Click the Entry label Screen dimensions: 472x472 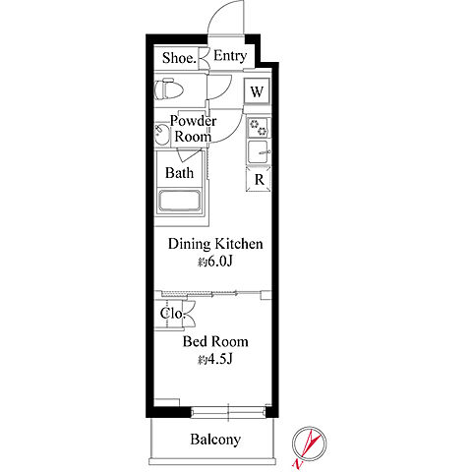(x=230, y=56)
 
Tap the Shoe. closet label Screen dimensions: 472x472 (x=179, y=58)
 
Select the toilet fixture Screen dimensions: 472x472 (x=169, y=88)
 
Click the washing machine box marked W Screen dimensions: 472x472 (x=257, y=91)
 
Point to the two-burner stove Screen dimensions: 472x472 (x=258, y=128)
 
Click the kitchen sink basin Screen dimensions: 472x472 (x=259, y=152)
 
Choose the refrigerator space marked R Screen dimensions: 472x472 (x=259, y=179)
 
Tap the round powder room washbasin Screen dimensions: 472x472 (x=161, y=135)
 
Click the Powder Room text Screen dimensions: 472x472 (x=193, y=129)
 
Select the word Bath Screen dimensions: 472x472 (x=179, y=173)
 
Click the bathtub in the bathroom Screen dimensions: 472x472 (x=179, y=202)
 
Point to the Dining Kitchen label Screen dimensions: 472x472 (x=215, y=244)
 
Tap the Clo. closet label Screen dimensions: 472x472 (x=173, y=314)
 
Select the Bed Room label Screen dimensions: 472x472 (x=215, y=342)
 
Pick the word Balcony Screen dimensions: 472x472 (x=215, y=440)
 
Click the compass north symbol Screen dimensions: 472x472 (x=309, y=443)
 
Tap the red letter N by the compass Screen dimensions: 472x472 (x=297, y=464)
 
